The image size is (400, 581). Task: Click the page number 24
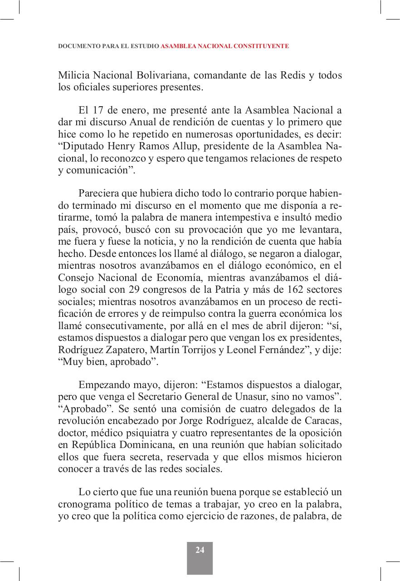[x=200, y=550]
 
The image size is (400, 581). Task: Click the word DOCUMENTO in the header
[x=76, y=46]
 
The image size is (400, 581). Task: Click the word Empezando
[x=102, y=385]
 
